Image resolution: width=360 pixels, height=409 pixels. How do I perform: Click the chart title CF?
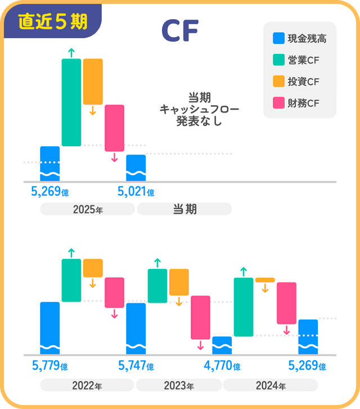pyautogui.click(x=179, y=32)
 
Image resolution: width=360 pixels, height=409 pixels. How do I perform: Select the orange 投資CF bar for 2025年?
pyautogui.click(x=93, y=82)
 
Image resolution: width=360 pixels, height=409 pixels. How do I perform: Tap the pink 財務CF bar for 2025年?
pyautogui.click(x=114, y=128)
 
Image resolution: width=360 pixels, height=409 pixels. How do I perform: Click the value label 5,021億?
pyautogui.click(x=136, y=192)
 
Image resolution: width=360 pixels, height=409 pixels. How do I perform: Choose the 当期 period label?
pyautogui.click(x=184, y=209)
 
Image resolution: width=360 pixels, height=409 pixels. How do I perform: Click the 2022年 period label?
pyautogui.click(x=87, y=386)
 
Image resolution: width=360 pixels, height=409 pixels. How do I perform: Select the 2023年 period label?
pyautogui.click(x=179, y=386)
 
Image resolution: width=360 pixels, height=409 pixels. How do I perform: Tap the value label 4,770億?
pyautogui.click(x=222, y=366)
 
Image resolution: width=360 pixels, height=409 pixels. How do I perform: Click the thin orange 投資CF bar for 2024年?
pyautogui.click(x=265, y=280)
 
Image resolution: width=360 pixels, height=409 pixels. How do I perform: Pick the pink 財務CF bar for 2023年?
pyautogui.click(x=200, y=317)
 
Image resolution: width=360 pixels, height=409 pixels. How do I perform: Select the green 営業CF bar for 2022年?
pyautogui.click(x=71, y=280)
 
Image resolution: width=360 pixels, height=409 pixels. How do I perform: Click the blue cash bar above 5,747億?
pyautogui.click(x=136, y=329)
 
